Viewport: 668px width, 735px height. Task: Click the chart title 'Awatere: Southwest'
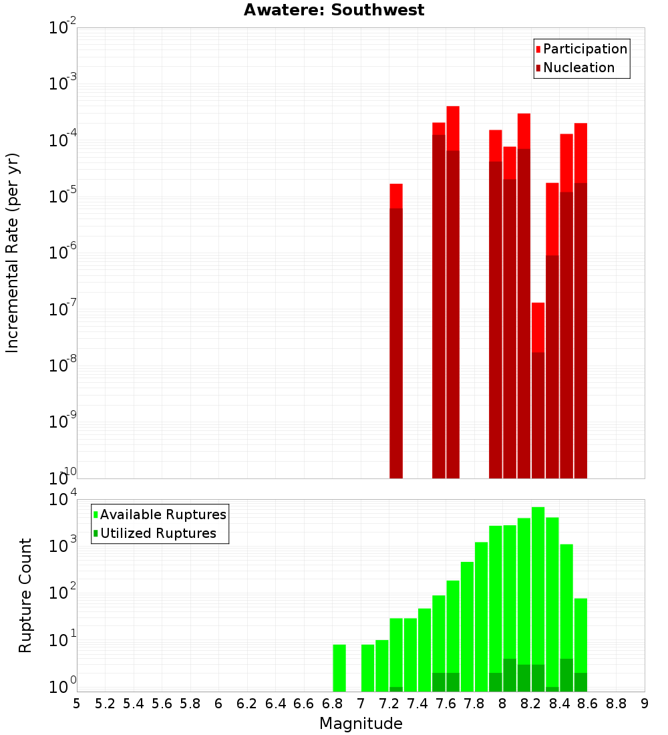[x=334, y=10]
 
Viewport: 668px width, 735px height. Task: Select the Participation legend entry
[x=584, y=49]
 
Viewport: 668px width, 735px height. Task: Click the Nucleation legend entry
[x=578, y=67]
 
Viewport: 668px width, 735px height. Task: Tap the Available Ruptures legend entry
[x=162, y=514]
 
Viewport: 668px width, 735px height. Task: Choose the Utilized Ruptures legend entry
[x=158, y=533]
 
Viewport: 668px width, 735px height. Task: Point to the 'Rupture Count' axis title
[x=25, y=595]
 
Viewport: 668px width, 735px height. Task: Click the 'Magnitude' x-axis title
[x=361, y=724]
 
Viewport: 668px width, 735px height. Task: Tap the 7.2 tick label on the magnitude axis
[x=389, y=703]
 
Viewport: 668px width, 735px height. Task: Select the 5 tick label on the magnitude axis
[x=77, y=703]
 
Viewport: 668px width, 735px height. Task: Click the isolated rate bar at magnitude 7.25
[x=396, y=334]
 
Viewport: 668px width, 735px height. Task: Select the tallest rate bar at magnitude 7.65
[x=453, y=294]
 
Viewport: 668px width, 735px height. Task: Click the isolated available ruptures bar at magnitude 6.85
[x=339, y=668]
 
